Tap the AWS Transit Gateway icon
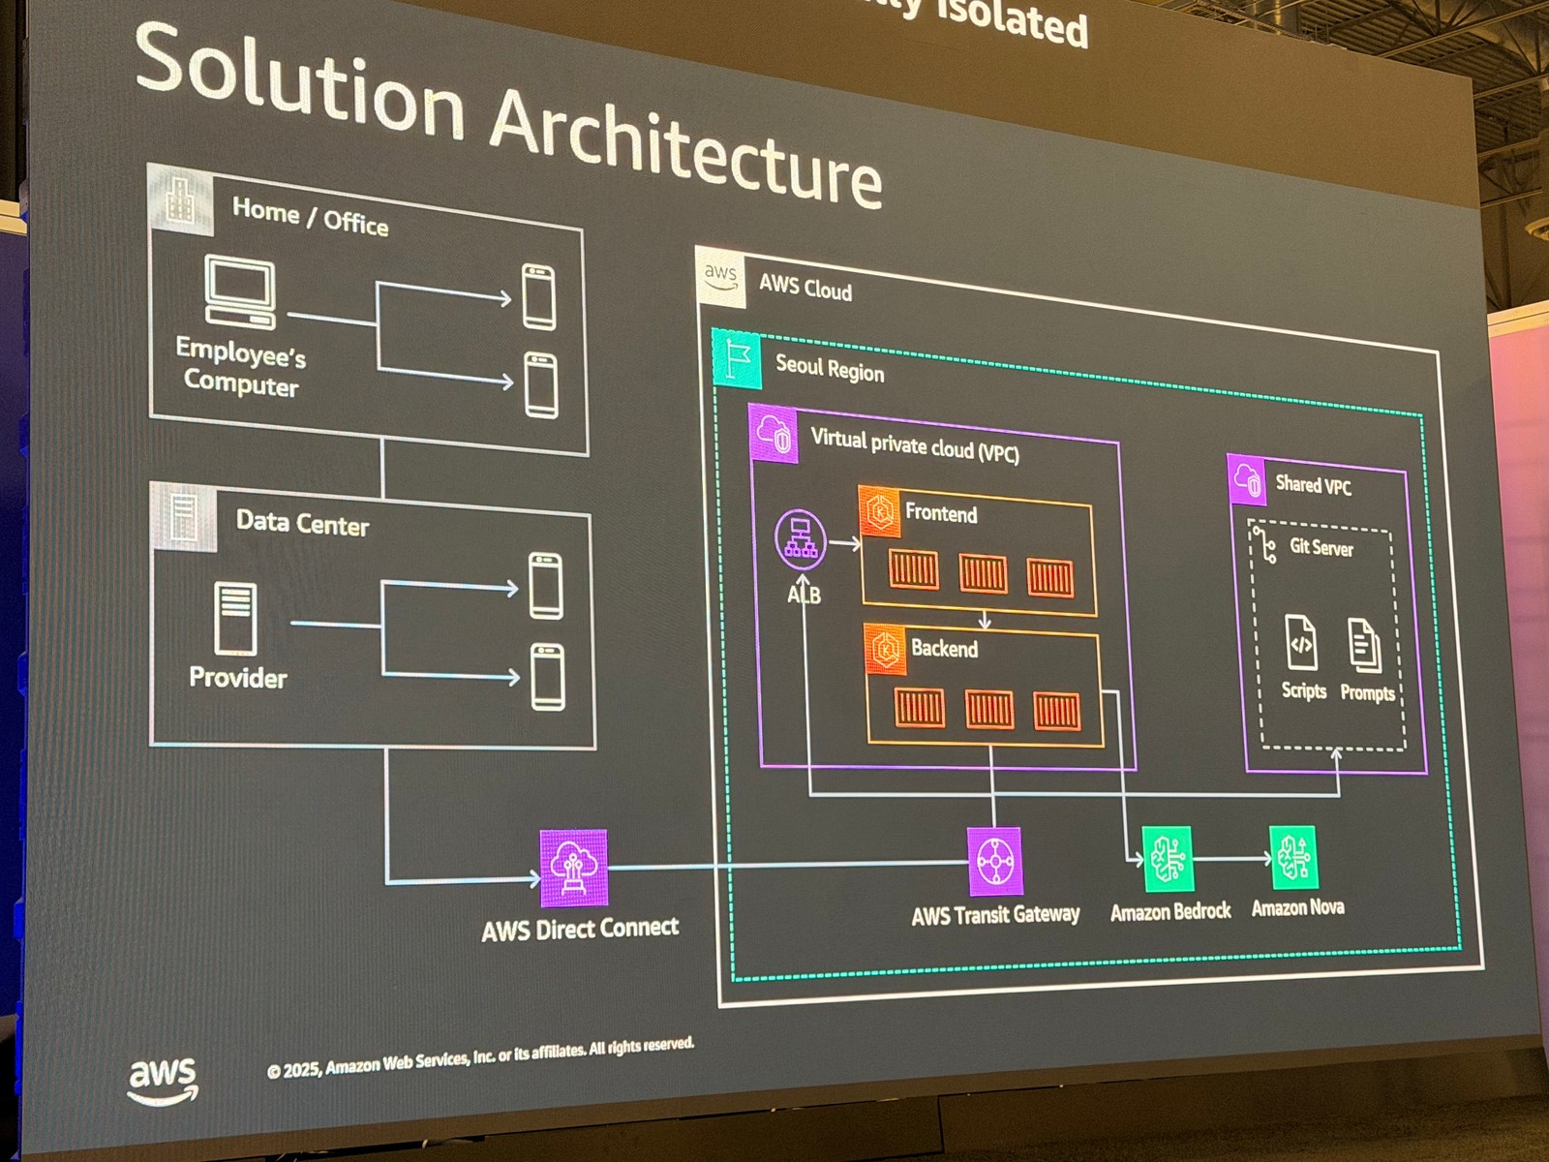point(994,861)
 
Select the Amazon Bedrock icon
point(1168,858)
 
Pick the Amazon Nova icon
point(1293,856)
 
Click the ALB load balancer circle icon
point(801,539)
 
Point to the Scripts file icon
point(1301,643)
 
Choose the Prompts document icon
point(1364,646)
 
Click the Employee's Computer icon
point(240,291)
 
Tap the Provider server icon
point(235,619)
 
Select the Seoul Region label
point(830,368)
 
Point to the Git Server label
point(1321,548)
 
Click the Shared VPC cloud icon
point(1248,480)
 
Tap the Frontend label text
point(941,514)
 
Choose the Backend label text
point(944,649)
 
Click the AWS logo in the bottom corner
point(163,1079)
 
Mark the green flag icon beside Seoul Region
point(738,358)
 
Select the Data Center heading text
point(302,524)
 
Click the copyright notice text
point(481,1057)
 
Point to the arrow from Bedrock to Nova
point(1231,858)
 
